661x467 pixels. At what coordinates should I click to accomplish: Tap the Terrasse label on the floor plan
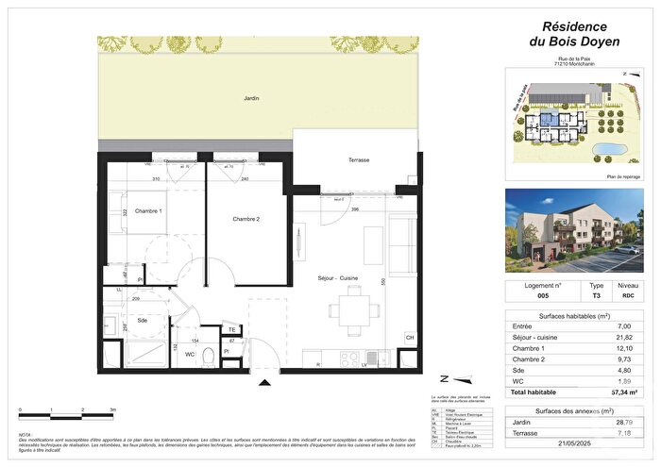359,160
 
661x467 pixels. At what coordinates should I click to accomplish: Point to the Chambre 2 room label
246,220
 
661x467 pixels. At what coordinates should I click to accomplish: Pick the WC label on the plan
189,354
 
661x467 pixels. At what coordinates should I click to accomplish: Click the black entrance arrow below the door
264,381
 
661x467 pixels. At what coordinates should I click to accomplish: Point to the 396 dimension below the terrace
355,209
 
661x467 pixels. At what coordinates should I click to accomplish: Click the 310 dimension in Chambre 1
155,178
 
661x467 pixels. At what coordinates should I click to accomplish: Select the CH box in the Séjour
410,338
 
